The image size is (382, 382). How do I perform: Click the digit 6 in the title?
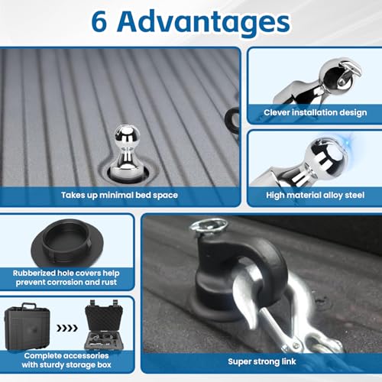tap(99, 22)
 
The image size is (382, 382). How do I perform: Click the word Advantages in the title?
tap(203, 24)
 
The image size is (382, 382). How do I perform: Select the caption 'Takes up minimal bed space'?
tap(119, 196)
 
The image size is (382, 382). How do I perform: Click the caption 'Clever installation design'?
tap(316, 112)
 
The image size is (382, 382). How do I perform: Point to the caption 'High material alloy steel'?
tap(316, 196)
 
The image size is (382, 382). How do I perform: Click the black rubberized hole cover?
tap(67, 243)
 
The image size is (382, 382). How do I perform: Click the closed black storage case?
tap(27, 326)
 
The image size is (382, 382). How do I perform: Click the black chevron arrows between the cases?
tap(67, 329)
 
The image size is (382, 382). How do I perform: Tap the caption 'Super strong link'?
tap(262, 361)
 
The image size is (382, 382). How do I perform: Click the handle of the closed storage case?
tap(29, 306)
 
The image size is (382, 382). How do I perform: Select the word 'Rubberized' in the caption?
tap(34, 274)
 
